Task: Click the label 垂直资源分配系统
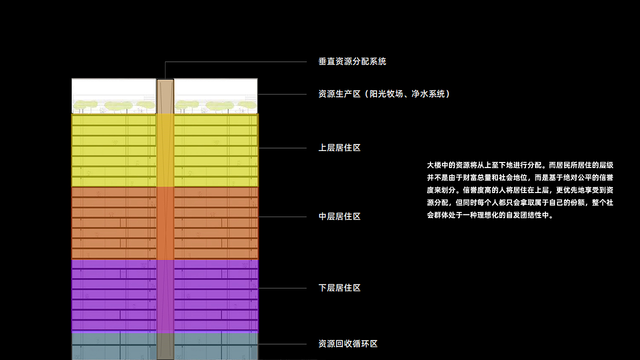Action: click(x=352, y=61)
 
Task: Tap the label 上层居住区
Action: click(x=339, y=147)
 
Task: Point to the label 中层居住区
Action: click(x=339, y=216)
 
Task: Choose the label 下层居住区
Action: click(x=339, y=288)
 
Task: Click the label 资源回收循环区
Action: click(x=348, y=343)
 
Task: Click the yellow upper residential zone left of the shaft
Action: click(x=113, y=150)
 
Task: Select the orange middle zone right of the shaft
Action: click(x=216, y=223)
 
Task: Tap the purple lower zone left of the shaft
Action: click(x=113, y=296)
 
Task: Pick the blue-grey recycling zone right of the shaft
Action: click(x=216, y=346)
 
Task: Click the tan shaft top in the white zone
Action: click(x=165, y=96)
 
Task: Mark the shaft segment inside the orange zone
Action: click(x=165, y=223)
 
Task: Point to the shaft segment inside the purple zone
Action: click(x=165, y=296)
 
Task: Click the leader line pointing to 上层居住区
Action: click(x=282, y=148)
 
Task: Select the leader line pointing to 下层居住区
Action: click(x=282, y=288)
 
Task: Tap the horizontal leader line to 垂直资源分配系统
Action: click(x=235, y=61)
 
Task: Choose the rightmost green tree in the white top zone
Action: click(x=247, y=105)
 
